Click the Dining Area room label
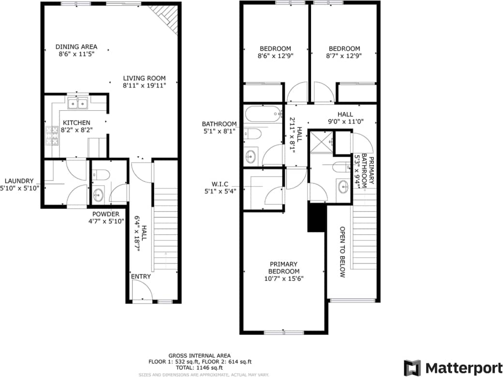76,47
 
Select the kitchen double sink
77,103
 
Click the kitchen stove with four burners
52,136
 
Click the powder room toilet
103,174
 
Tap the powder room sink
98,195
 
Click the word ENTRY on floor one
141,276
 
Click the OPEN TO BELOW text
342,252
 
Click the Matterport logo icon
412,367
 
